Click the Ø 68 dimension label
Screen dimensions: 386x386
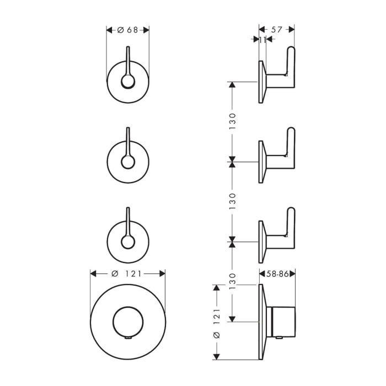128,30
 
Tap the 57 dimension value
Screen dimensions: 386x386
277,30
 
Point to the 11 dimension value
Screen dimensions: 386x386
262,39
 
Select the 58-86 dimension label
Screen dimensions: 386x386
277,272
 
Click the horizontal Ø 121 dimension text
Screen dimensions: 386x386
128,274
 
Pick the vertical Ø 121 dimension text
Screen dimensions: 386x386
217,323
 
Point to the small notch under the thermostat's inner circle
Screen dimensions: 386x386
128,337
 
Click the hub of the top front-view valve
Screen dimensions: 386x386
128,82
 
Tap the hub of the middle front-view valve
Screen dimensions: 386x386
128,162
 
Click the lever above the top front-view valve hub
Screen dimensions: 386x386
128,61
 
